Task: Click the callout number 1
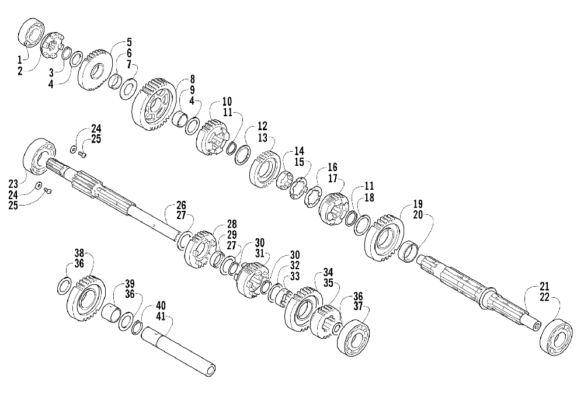tap(19, 59)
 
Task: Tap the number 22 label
tap(544, 297)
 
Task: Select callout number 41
tap(160, 316)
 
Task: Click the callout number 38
tap(79, 253)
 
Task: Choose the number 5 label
tap(129, 42)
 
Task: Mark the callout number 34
tap(328, 272)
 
